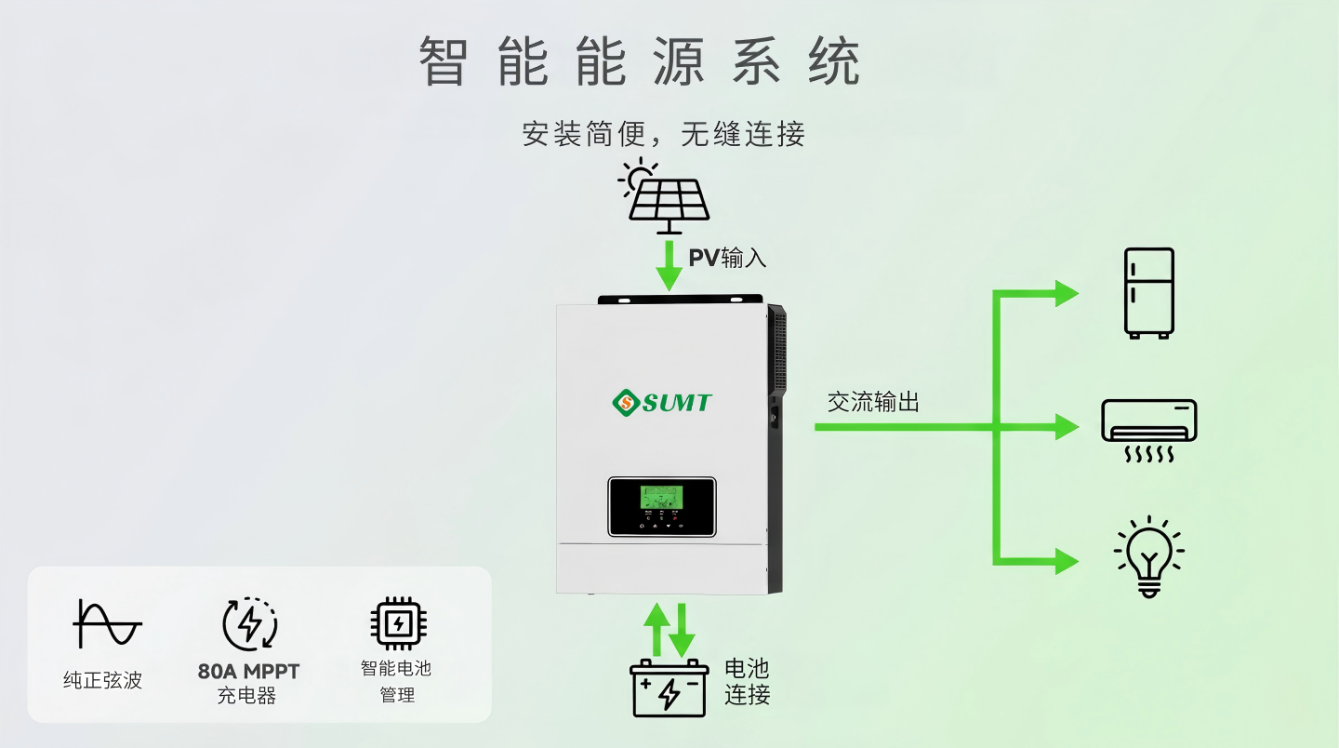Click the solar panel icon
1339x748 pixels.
tap(665, 196)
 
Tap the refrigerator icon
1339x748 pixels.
tap(1149, 294)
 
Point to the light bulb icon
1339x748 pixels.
tap(1149, 556)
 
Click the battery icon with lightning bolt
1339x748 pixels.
tap(669, 688)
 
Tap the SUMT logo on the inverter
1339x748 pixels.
tap(662, 403)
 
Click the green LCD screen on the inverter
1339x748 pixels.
tap(661, 498)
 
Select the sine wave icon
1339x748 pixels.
tap(107, 624)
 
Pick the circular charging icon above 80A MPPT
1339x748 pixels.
tap(250, 623)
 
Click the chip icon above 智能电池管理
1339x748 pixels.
tap(398, 623)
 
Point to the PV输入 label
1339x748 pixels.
tap(727, 259)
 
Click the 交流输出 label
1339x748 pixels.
tap(873, 403)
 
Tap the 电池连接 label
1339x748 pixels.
tap(748, 682)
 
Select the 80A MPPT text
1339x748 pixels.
tap(248, 672)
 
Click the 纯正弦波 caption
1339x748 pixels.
tap(103, 680)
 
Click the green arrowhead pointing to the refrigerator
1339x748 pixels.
tap(1067, 294)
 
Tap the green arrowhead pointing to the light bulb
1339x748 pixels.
tap(1067, 561)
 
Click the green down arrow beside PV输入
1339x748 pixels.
tap(669, 266)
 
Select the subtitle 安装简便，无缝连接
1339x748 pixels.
tap(664, 134)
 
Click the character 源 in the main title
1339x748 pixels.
tap(679, 61)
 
